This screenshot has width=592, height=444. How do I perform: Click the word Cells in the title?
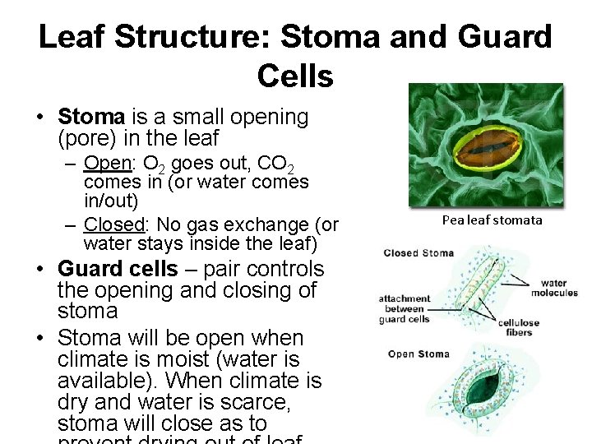pos(295,76)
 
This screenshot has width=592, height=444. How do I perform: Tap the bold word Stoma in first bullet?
pos(90,118)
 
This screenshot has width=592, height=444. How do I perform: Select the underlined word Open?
pos(104,162)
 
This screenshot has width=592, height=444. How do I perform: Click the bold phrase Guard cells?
pos(118,269)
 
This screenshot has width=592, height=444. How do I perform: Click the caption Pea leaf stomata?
pos(492,220)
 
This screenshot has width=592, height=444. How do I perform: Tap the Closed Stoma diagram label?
pos(419,253)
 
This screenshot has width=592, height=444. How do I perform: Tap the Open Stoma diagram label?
pos(419,354)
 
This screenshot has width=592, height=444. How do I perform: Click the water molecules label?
pos(554,288)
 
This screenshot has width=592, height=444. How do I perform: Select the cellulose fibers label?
pos(519,328)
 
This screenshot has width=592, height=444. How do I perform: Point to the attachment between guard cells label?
pos(405,309)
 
